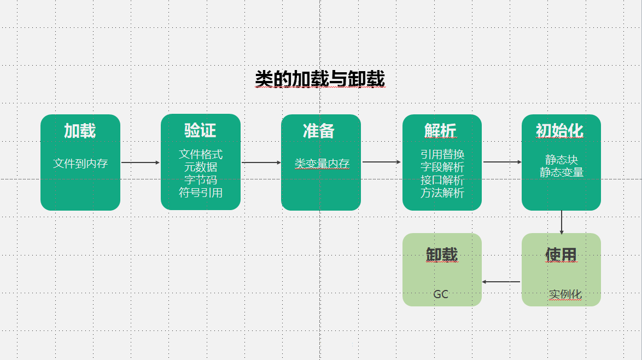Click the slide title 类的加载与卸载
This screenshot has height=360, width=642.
pos(320,79)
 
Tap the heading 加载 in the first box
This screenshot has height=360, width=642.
pos(80,131)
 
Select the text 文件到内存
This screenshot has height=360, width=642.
pos(80,163)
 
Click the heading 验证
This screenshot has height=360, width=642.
pos(200,130)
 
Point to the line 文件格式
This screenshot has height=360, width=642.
pos(201,154)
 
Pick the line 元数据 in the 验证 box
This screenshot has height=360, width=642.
pos(201,167)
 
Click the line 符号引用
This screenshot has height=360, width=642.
pos(201,193)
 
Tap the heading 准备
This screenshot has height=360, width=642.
pos(319,131)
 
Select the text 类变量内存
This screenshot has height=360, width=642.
pos(322,163)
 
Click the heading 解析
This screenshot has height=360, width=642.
pos(440,131)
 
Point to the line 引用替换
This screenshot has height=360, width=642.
pos(442,154)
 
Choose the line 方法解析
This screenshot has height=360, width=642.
pos(442,193)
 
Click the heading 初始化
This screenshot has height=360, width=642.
pos(559,131)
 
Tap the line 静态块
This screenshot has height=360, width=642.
pos(561,160)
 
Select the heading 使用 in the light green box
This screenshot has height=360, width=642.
pos(561,254)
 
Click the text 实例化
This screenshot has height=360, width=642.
pos(565,294)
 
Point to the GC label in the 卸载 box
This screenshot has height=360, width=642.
pos(441,294)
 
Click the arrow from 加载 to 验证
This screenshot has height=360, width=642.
pos(140,162)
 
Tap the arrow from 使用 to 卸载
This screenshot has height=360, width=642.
pos(501,282)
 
